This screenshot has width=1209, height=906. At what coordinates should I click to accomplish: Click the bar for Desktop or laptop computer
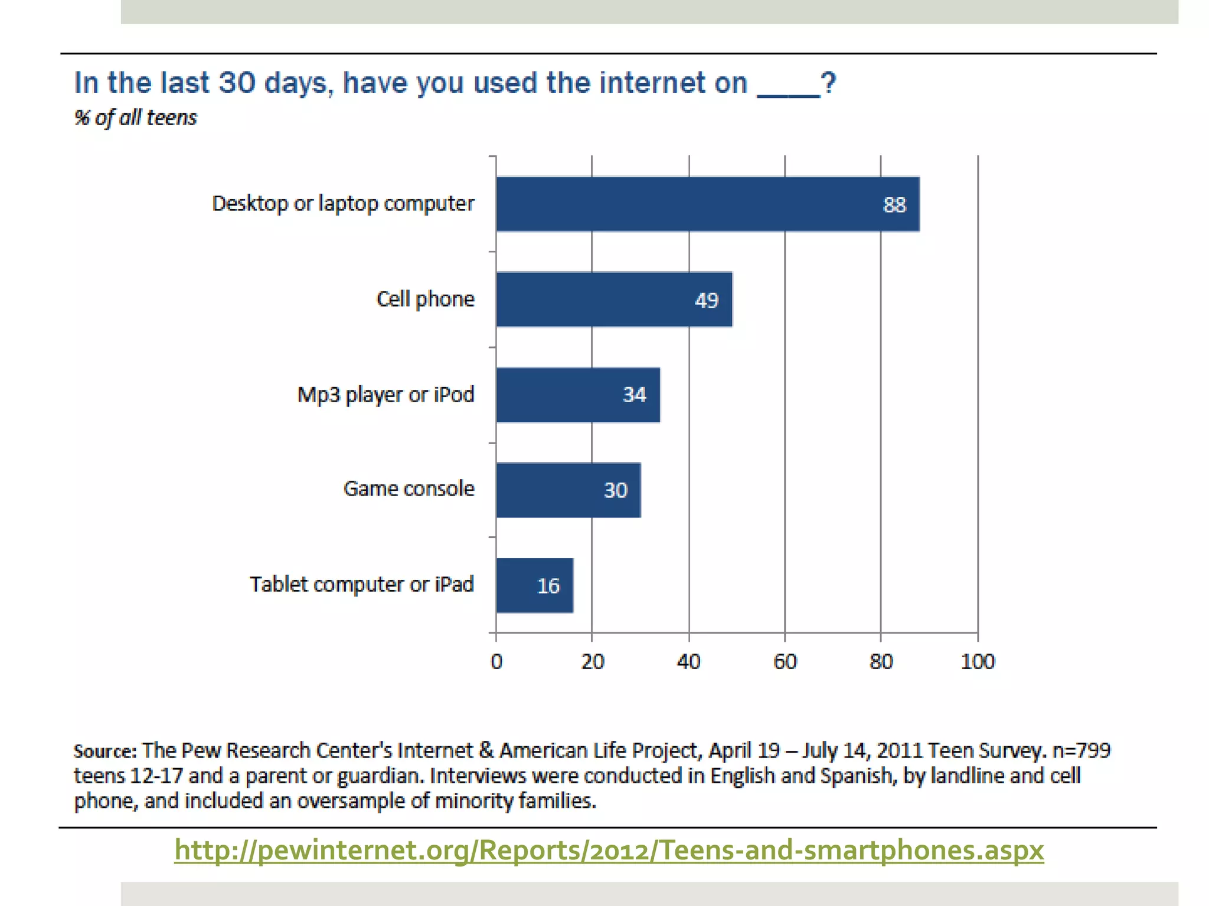[x=707, y=204]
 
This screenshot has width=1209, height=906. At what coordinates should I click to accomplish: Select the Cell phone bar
[x=614, y=300]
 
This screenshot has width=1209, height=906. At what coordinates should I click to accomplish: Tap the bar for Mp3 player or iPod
[x=578, y=395]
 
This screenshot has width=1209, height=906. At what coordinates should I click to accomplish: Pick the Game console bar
[x=568, y=490]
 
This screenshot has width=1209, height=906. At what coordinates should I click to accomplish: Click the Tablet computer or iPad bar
[x=534, y=585]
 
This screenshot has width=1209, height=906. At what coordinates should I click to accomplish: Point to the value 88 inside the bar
[x=894, y=205]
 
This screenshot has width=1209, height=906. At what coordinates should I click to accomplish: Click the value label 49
[x=706, y=300]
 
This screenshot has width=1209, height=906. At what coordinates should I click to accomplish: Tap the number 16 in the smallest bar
[x=548, y=586]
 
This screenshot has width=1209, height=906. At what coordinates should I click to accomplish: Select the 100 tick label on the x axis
[x=978, y=661]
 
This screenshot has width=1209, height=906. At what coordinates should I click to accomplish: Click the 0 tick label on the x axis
[x=496, y=661]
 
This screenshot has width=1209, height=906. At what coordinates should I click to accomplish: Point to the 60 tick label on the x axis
[x=785, y=661]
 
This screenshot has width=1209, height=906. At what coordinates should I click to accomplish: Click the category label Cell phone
[x=425, y=299]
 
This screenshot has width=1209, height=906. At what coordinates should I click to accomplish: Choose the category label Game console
[x=409, y=488]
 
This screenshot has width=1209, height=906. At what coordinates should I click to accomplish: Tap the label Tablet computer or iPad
[x=361, y=584]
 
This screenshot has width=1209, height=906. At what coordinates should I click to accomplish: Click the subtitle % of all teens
[x=135, y=117]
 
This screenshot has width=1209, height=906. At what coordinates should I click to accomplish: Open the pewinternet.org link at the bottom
[x=609, y=850]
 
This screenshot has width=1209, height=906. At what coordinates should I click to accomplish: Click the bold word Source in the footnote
[x=104, y=751]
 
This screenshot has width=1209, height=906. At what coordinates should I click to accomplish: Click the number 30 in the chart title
[x=237, y=83]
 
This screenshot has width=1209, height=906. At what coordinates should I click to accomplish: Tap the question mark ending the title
[x=828, y=83]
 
